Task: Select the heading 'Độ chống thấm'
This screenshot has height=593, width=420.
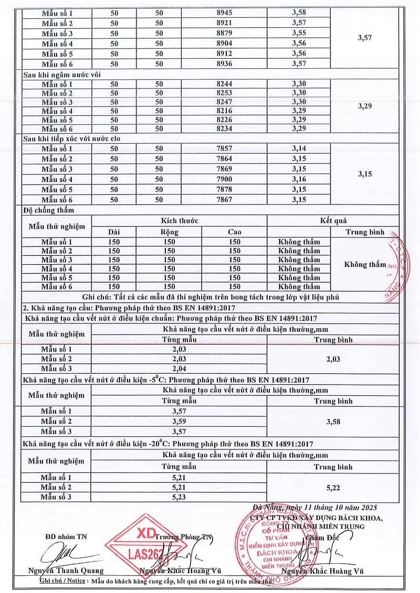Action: [x=49, y=210]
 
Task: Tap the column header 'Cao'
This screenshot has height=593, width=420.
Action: [x=234, y=232]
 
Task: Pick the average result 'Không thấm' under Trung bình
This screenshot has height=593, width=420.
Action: [x=365, y=264]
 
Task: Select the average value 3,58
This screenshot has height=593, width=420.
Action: [x=333, y=422]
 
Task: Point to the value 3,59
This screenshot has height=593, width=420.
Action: [x=180, y=422]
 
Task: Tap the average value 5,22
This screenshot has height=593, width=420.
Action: [x=333, y=488]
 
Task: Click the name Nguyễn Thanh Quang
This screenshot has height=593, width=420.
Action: [x=66, y=571]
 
